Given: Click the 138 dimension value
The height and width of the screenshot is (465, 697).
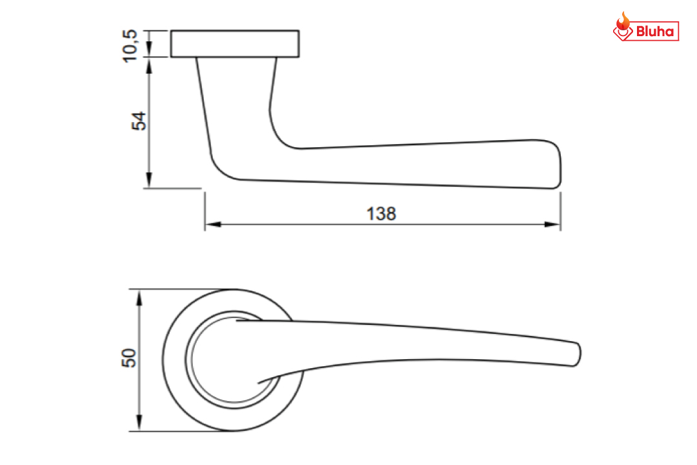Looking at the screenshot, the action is pyautogui.click(x=381, y=214).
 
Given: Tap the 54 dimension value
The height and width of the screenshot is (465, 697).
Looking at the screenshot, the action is pyautogui.click(x=139, y=121).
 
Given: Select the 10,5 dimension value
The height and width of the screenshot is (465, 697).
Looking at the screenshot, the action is pyautogui.click(x=130, y=46).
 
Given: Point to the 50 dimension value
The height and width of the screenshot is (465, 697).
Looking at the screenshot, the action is pyautogui.click(x=129, y=358).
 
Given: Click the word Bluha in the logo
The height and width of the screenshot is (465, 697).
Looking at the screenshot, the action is pyautogui.click(x=655, y=32).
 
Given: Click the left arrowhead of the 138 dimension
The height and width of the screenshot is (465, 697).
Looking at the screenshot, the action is pyautogui.click(x=213, y=224).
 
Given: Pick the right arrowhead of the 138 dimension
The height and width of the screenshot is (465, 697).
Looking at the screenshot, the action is pyautogui.click(x=552, y=224).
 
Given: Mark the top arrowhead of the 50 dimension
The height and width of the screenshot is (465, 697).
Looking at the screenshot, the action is pyautogui.click(x=139, y=297).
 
